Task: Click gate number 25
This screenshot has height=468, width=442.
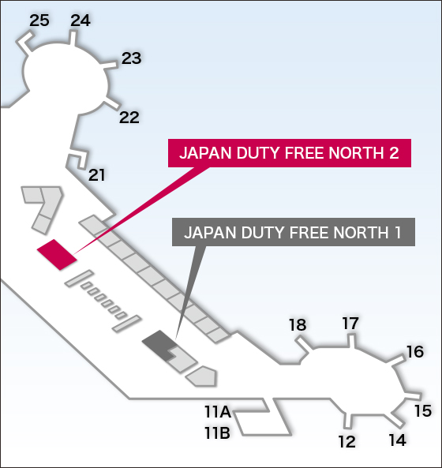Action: pyautogui.click(x=39, y=21)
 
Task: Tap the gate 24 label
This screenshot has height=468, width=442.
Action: pyautogui.click(x=81, y=21)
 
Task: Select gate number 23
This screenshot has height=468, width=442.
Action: pyautogui.click(x=131, y=58)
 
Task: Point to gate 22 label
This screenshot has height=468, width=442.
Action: pyautogui.click(x=129, y=118)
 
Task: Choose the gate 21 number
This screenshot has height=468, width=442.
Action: pyautogui.click(x=96, y=175)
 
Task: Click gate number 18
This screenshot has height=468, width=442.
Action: pyautogui.click(x=298, y=324)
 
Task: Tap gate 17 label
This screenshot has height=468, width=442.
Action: pyautogui.click(x=350, y=324)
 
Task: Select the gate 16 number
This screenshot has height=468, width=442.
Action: pyautogui.click(x=415, y=352)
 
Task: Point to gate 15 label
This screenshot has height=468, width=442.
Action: pyautogui.click(x=423, y=411)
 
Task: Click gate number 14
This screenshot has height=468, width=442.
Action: pyautogui.click(x=398, y=440)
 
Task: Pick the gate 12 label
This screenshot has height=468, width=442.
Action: pyautogui.click(x=346, y=442)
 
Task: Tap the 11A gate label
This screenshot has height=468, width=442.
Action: pyautogui.click(x=218, y=412)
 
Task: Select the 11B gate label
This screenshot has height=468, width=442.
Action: pyautogui.click(x=217, y=432)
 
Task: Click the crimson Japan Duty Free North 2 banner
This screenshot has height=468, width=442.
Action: pyautogui.click(x=290, y=153)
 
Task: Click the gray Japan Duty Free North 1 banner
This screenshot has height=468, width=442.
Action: pyautogui.click(x=294, y=232)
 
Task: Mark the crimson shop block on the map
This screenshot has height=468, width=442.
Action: pyautogui.click(x=57, y=255)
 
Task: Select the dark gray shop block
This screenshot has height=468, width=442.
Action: pyautogui.click(x=158, y=343)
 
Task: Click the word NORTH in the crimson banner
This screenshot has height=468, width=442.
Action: pyautogui.click(x=356, y=153)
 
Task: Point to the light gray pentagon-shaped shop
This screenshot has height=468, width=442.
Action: pyautogui.click(x=202, y=376)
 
